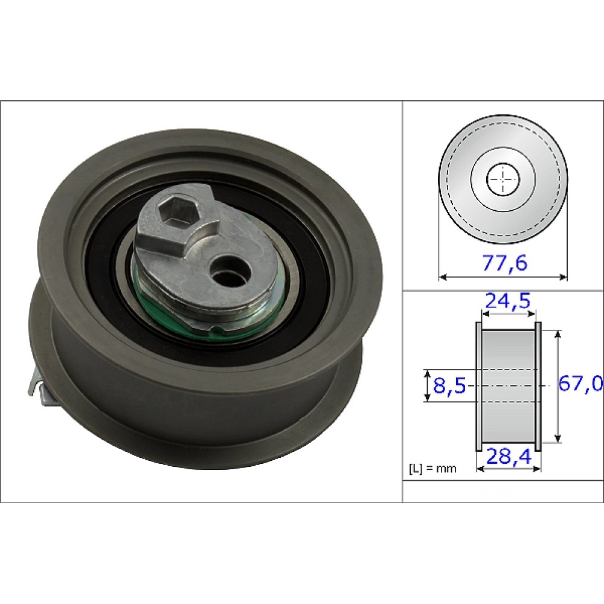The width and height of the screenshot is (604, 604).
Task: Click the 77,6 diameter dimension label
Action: point(504,263)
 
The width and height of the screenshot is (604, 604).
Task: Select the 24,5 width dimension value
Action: point(508,301)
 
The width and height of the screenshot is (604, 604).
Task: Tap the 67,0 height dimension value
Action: point(580,384)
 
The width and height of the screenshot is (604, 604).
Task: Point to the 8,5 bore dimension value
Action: point(449,385)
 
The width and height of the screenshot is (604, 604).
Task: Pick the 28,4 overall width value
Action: point(509,457)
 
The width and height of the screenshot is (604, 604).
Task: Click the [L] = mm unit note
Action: point(432,469)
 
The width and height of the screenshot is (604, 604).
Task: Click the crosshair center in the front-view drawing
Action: point(503,179)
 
